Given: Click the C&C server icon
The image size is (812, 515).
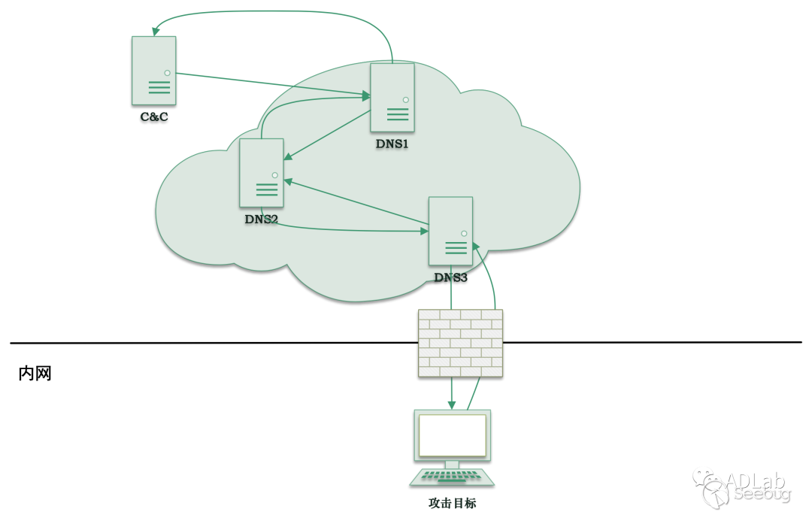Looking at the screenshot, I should click(154, 71).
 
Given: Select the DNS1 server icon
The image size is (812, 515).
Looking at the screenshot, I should click(392, 98).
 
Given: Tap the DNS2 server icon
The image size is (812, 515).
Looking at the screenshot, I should click(262, 173).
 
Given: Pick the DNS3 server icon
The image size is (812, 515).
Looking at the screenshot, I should click(450, 231).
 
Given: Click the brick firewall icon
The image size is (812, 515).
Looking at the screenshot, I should click(460, 343).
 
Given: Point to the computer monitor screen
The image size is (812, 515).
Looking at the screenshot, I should click(452, 435).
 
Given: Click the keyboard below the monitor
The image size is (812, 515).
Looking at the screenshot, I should click(452, 477).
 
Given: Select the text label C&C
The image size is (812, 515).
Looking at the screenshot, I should click(154, 117).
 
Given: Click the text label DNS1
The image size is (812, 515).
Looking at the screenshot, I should click(392, 144).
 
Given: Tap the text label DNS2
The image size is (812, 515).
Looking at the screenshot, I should click(261, 220).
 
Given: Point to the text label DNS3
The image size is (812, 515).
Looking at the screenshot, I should click(450, 277).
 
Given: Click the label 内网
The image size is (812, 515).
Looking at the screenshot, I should click(35, 374).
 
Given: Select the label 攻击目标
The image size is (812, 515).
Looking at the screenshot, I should click(452, 503).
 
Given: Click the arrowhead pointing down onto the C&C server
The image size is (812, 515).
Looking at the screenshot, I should click(156, 32).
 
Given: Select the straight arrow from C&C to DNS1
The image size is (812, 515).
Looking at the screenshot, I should click(271, 84).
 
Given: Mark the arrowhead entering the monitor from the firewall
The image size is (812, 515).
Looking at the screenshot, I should click(452, 405).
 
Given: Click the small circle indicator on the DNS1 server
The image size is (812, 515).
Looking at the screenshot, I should click(405, 99).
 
